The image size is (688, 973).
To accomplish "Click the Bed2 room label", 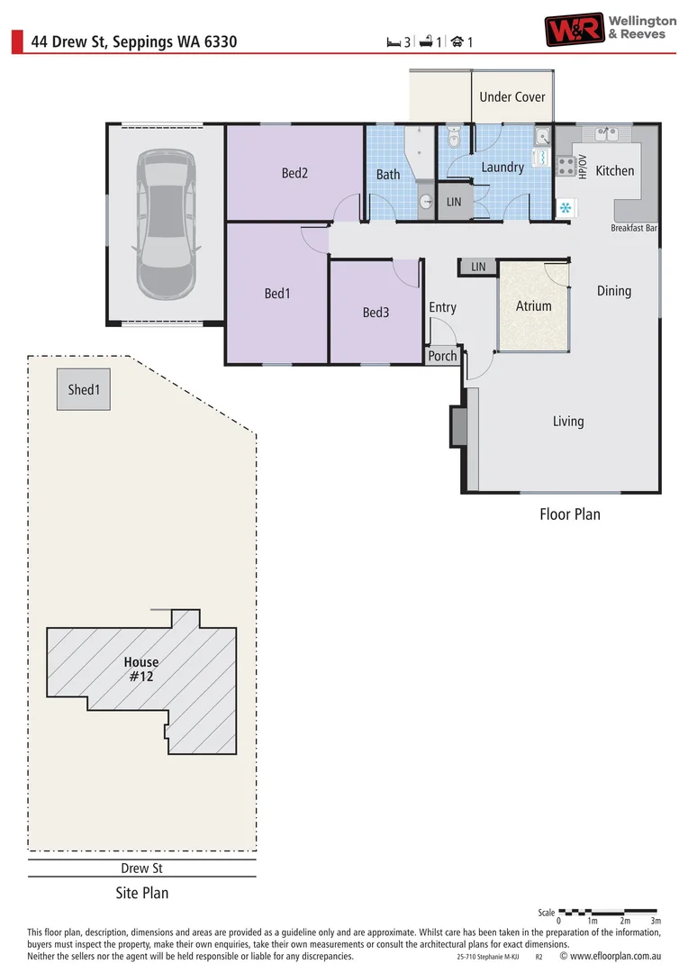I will [x=294, y=173].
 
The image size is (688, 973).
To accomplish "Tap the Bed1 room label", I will [x=277, y=293].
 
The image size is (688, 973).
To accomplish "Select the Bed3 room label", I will [x=376, y=313].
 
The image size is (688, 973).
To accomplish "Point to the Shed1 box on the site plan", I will [x=84, y=389].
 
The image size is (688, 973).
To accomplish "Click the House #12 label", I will [x=140, y=668].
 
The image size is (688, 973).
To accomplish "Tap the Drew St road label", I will [x=141, y=868].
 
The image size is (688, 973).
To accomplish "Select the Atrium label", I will [x=533, y=306].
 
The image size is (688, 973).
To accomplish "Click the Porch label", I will [x=442, y=356].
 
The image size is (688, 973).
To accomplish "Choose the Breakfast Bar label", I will [x=634, y=229].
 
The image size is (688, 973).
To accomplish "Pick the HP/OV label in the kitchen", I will [x=583, y=166].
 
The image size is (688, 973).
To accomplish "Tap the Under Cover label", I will [x=511, y=96].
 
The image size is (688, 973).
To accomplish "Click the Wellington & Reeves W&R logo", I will [x=573, y=29].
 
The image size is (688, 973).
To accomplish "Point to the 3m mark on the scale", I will [x=656, y=921].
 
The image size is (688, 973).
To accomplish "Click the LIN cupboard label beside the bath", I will [x=454, y=202].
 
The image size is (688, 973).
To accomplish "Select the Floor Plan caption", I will [x=569, y=514].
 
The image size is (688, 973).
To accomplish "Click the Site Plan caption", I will [x=141, y=894].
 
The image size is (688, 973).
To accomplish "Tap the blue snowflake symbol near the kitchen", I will [x=566, y=208].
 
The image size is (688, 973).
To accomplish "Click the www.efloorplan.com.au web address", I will [x=617, y=956].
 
